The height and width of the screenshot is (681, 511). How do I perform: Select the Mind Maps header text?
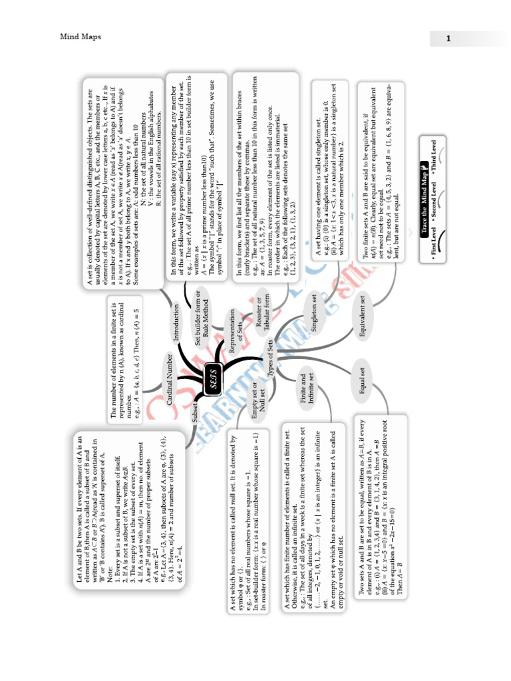click(x=81, y=37)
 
